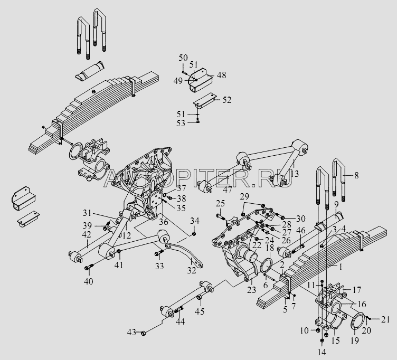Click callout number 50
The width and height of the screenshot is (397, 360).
click(x=182, y=57)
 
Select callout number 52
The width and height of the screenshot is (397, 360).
click(x=226, y=99)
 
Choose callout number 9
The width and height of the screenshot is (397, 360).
click(x=336, y=203)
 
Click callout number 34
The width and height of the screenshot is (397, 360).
click(x=195, y=220)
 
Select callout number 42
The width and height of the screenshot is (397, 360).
click(x=87, y=235)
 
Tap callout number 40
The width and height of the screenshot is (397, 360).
click(x=88, y=281)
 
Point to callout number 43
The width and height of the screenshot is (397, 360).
click(x=131, y=331)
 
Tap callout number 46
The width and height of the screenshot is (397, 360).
click(x=300, y=230)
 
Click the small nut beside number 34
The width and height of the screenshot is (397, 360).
click(x=195, y=233)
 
